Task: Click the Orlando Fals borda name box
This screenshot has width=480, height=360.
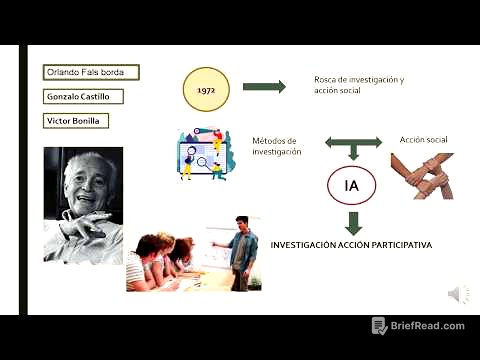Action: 91,72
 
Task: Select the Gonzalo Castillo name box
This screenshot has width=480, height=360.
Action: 84,97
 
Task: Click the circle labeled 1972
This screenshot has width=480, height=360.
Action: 206,88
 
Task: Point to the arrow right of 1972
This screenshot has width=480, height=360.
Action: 264,87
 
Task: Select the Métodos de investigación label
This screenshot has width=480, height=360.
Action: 276,146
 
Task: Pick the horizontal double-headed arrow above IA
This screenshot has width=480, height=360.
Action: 352,144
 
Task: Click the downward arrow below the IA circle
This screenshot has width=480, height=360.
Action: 352,222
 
